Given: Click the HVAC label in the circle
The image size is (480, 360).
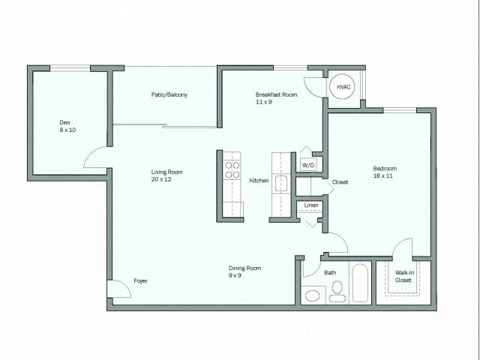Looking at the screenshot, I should [343, 88].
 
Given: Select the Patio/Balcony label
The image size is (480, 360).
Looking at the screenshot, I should [169, 94].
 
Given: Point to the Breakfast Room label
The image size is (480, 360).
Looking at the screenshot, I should [276, 94].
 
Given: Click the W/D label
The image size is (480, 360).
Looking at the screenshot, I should [308, 164].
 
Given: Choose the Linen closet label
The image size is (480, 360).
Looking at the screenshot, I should [310, 205].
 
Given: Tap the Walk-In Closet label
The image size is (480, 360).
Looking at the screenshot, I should [403, 276].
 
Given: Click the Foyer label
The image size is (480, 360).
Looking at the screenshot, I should [141, 280].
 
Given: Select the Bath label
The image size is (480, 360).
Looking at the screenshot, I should [331, 272].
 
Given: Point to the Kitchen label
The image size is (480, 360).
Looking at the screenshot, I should [259, 181].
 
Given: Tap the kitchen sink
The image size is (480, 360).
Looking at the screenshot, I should [281, 182].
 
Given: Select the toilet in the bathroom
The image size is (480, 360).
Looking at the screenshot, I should [337, 289].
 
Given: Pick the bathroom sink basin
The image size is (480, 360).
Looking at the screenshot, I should [312, 295].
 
